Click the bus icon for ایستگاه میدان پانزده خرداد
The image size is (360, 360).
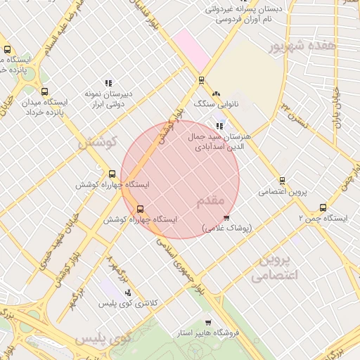[x=45, y=91]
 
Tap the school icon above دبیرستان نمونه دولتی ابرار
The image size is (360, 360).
[x=108, y=83]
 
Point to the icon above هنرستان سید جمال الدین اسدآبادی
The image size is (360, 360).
[x=220, y=127]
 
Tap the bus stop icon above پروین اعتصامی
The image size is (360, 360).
[x=282, y=181]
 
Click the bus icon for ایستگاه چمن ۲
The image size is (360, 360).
[x=323, y=207]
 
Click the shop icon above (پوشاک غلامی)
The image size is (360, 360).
[x=226, y=218]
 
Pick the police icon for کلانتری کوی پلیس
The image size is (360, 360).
[x=128, y=292]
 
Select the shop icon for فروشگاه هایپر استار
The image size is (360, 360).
[x=207, y=321]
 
